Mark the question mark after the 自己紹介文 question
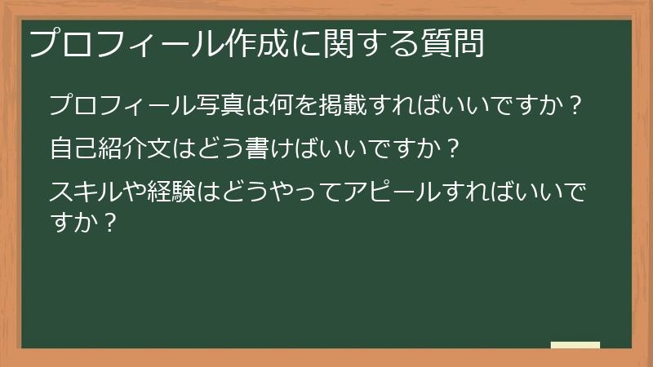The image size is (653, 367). tap(454, 150)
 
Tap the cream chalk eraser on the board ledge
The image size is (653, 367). tap(575, 345)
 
